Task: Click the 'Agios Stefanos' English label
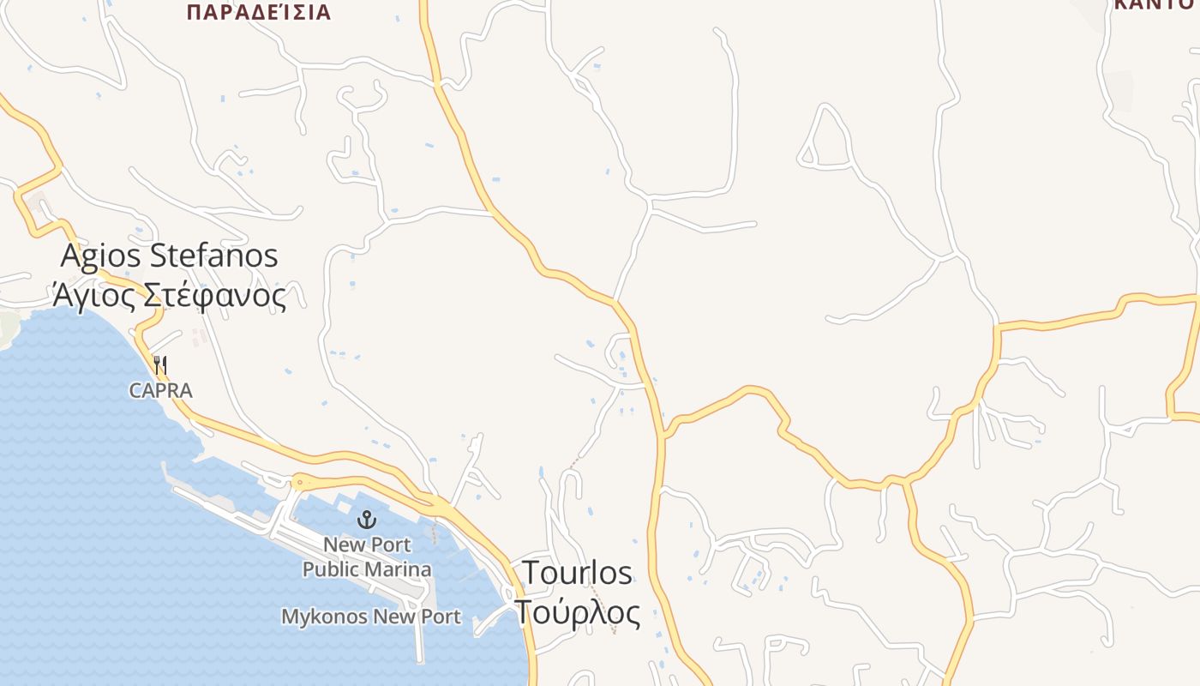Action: point(170,256)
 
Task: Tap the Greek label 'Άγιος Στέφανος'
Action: point(170,296)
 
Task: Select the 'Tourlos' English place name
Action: point(577,572)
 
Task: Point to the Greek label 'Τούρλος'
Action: point(577,612)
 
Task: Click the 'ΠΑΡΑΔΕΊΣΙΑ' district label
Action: point(258,12)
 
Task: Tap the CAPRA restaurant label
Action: point(161,391)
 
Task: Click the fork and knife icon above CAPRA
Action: point(160,364)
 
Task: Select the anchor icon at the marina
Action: point(367,519)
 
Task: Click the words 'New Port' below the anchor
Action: point(367,545)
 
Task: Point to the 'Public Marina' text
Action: point(367,569)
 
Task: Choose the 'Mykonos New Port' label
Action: point(371,617)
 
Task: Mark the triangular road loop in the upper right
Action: point(824,141)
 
